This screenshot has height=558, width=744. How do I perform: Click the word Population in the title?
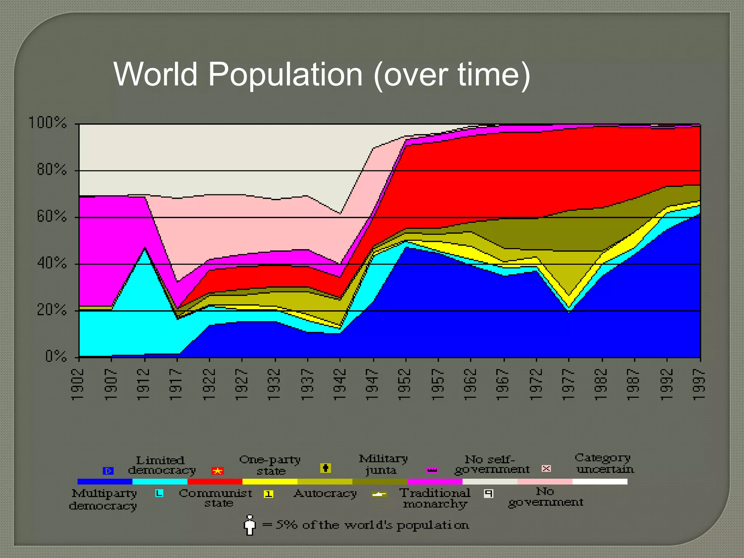tap(285, 74)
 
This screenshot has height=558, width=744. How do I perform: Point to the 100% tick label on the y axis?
tap(48, 123)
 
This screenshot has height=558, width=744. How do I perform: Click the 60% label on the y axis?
tap(52, 217)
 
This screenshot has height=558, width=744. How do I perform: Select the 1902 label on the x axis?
tap(78, 385)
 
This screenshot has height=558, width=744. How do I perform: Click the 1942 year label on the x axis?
tap(339, 385)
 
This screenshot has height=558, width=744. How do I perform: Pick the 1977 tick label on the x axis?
tap(568, 385)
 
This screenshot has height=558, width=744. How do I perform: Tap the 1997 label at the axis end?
tap(699, 385)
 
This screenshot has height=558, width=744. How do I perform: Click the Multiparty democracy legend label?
tap(104, 499)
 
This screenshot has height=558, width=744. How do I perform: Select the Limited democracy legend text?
tap(161, 465)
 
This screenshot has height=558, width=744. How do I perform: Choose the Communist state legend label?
tap(216, 498)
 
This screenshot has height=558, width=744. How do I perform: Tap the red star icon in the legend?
tap(218, 471)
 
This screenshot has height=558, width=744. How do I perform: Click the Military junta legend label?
tap(383, 464)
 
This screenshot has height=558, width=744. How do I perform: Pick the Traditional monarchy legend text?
tap(435, 498)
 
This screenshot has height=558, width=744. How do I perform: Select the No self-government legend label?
tap(492, 465)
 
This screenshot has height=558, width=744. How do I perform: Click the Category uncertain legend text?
tap(604, 463)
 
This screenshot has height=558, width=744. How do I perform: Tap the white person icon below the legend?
tap(250, 525)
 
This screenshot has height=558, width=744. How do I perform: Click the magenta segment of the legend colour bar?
tap(434, 482)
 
